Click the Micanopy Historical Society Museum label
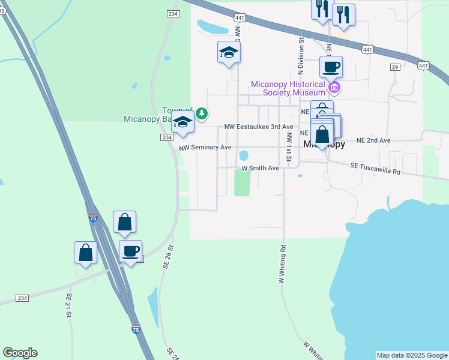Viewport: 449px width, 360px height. pyautogui.click(x=288, y=88)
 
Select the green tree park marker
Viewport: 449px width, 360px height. pyautogui.click(x=202, y=112)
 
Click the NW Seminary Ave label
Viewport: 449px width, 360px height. pyautogui.click(x=205, y=147)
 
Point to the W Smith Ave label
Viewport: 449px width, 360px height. pyautogui.click(x=261, y=169)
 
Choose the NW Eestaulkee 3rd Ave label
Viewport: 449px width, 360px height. pyautogui.click(x=259, y=127)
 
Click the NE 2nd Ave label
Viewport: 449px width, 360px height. pyautogui.click(x=373, y=140)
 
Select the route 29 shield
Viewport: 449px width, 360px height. pyautogui.click(x=394, y=67)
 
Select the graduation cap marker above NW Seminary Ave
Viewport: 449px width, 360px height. pyautogui.click(x=182, y=122)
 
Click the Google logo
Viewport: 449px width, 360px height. pyautogui.click(x=20, y=353)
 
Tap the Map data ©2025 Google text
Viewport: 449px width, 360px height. pyautogui.click(x=412, y=355)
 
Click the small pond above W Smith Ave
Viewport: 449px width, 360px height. pyautogui.click(x=244, y=155)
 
